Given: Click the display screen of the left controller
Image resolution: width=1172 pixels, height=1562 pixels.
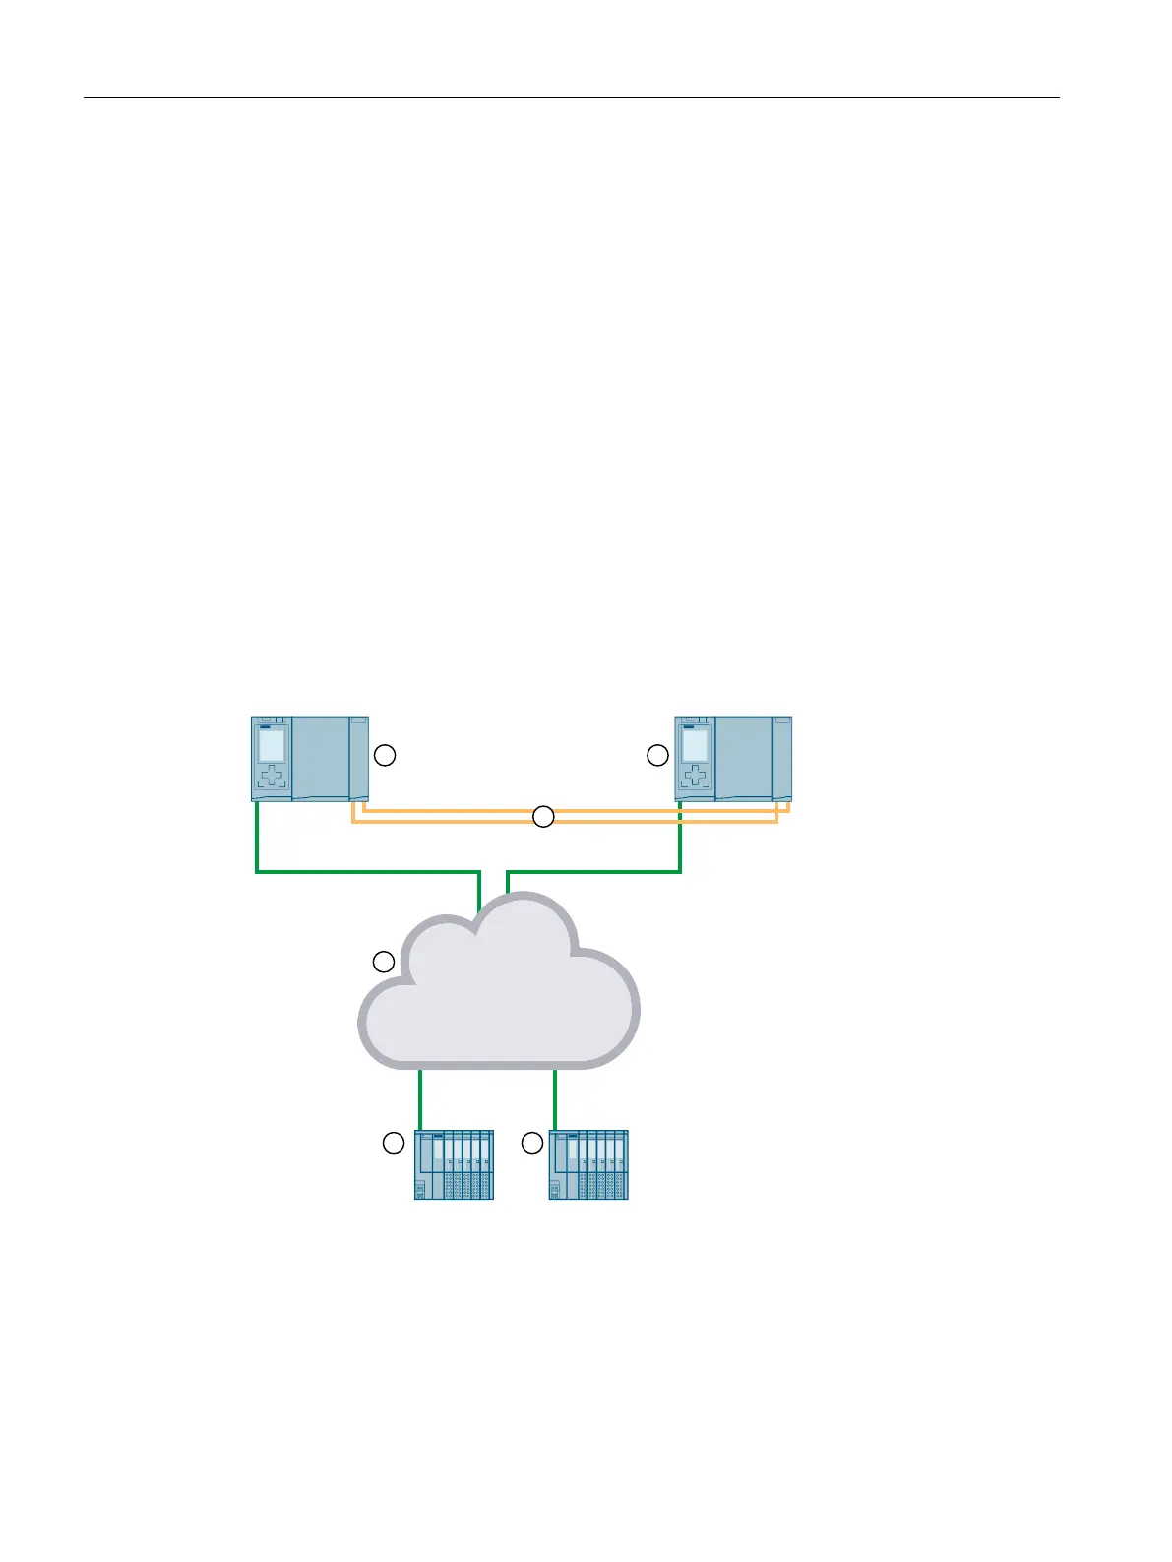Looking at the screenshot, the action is pyautogui.click(x=272, y=745).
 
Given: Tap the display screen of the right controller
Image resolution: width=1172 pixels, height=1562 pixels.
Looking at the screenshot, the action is pyautogui.click(x=695, y=745).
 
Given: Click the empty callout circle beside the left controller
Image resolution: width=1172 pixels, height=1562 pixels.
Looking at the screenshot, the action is pyautogui.click(x=386, y=755).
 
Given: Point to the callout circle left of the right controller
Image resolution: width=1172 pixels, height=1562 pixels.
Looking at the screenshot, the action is pyautogui.click(x=657, y=755).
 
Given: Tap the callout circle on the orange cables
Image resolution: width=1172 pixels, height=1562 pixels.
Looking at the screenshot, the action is pyautogui.click(x=543, y=816).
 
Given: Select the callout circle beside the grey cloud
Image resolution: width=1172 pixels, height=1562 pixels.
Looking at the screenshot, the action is pyautogui.click(x=384, y=961).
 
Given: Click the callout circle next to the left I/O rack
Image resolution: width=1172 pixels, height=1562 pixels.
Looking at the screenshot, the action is pyautogui.click(x=393, y=1143).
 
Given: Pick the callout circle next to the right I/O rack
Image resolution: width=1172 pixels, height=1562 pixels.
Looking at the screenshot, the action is pyautogui.click(x=532, y=1143).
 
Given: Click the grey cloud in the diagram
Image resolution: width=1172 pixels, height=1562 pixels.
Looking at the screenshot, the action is pyautogui.click(x=502, y=1004).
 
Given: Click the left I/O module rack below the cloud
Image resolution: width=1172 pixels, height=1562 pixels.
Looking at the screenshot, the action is pyautogui.click(x=454, y=1164).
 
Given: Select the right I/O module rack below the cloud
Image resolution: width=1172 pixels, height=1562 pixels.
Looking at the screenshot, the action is pyautogui.click(x=588, y=1164).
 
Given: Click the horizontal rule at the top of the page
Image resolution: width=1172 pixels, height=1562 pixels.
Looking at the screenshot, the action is pyautogui.click(x=571, y=98).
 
